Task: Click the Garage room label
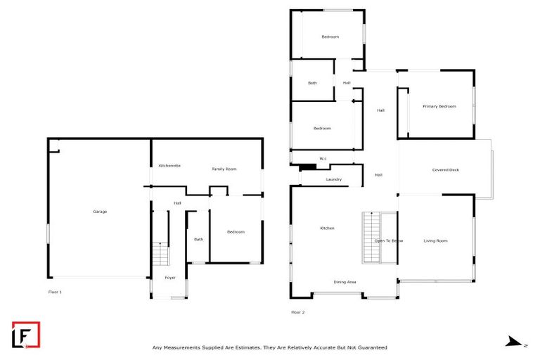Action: tap(100, 212)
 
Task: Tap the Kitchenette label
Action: tap(169, 165)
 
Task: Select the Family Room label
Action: tap(225, 169)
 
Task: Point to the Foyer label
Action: tap(170, 278)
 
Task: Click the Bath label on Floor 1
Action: tap(199, 239)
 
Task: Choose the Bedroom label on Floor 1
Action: tap(236, 232)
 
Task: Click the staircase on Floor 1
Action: tap(161, 253)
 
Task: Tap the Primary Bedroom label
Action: tap(439, 106)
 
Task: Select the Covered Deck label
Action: tap(445, 170)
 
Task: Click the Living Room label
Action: tap(435, 241)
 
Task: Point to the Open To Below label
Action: tap(387, 241)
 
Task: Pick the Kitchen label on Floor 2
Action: tap(327, 229)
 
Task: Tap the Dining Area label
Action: tap(345, 282)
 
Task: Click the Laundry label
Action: tap(333, 179)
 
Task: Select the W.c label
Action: tap(323, 158)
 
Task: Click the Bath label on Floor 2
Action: tap(312, 83)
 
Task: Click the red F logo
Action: tap(26, 335)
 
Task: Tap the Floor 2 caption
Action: tap(297, 312)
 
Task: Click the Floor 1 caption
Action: tap(55, 291)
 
